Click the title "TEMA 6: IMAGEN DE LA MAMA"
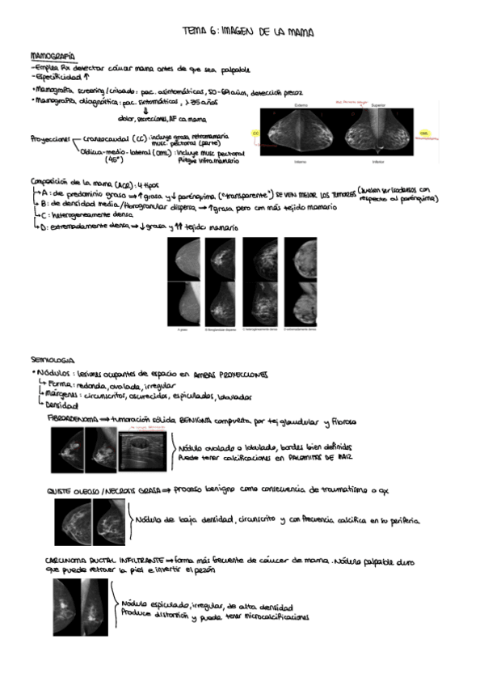pos(248,31)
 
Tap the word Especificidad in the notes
pos(51,76)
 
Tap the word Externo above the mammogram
pos(303,105)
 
